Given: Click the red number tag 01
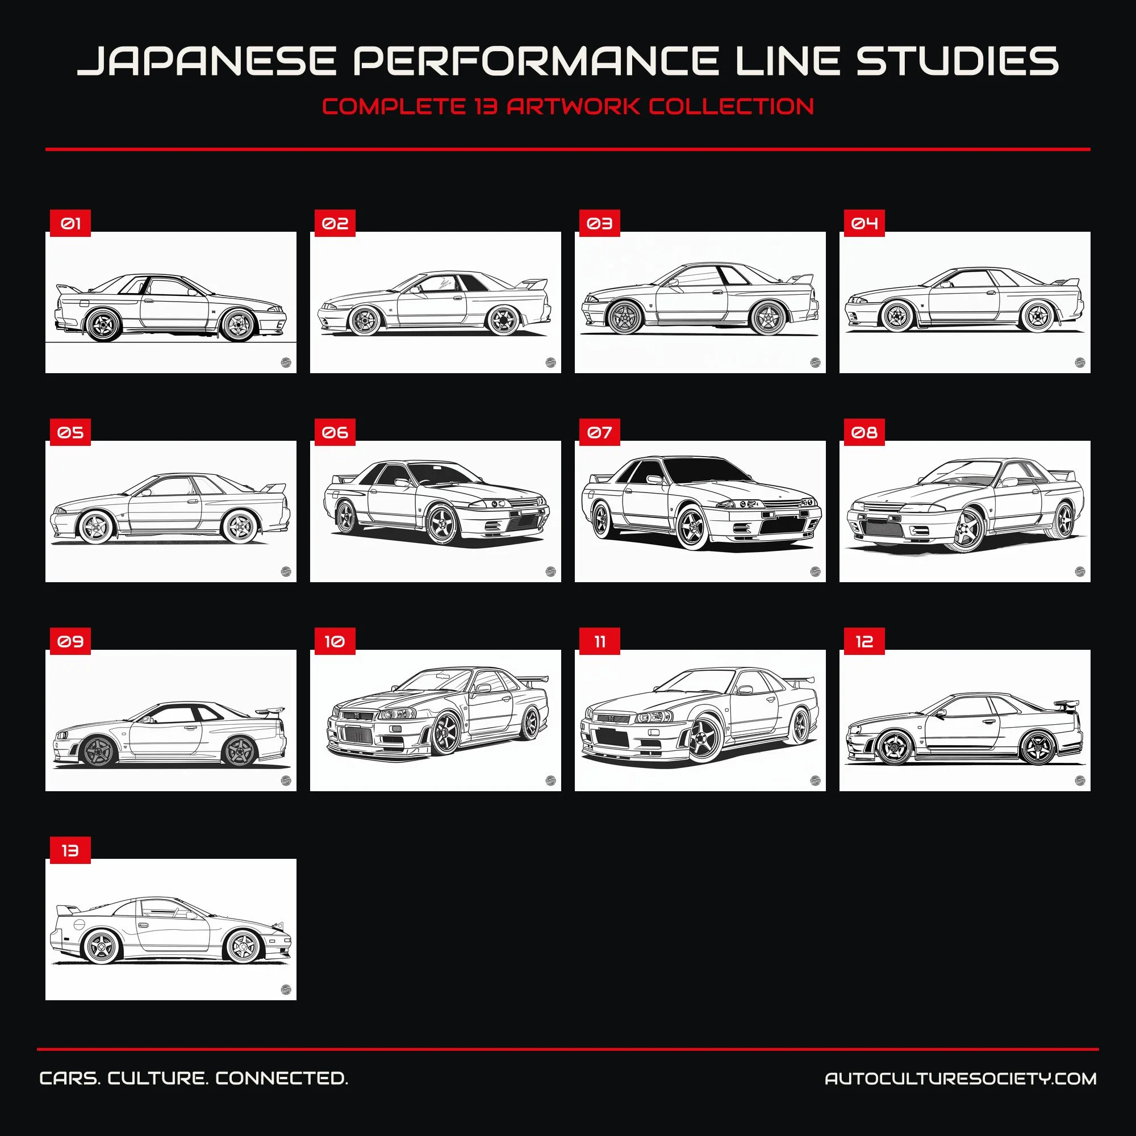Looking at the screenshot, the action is point(70,223).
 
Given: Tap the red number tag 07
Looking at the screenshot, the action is point(599,432).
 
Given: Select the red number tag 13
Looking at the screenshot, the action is point(70,850).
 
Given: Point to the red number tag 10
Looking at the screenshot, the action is point(335,641).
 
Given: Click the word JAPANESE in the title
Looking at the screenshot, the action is point(207,61).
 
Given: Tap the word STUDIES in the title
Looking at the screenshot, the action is point(957,61).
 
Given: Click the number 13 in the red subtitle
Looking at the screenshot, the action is point(486,106).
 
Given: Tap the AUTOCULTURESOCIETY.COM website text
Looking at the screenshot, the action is point(960,1079).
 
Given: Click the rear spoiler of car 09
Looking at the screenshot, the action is point(270,711).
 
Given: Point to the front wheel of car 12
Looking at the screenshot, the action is point(895,747).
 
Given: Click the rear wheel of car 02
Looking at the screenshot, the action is point(503,319).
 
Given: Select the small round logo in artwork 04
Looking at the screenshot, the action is point(1080,362).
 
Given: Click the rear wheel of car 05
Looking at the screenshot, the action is point(239,527).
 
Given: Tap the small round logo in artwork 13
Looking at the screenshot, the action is point(286,989).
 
